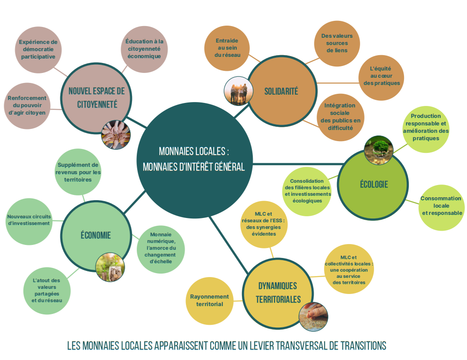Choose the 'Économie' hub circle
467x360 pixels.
click(x=96, y=235)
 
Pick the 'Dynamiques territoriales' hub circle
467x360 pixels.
click(x=278, y=292)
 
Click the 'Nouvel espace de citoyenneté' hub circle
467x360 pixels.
click(x=96, y=98)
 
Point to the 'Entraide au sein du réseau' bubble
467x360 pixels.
click(x=227, y=48)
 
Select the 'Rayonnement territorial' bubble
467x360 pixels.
click(x=209, y=301)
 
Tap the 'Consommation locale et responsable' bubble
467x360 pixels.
click(x=441, y=206)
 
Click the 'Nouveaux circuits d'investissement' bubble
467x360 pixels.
click(x=29, y=220)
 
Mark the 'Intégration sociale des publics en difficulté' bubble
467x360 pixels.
click(x=340, y=116)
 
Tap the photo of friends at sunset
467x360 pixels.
click(x=238, y=91)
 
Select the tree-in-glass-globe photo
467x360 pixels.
click(x=378, y=150)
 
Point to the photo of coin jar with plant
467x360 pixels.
click(x=110, y=267)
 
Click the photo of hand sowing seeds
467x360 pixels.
click(x=313, y=317)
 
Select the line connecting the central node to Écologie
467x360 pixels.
click(x=295, y=164)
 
